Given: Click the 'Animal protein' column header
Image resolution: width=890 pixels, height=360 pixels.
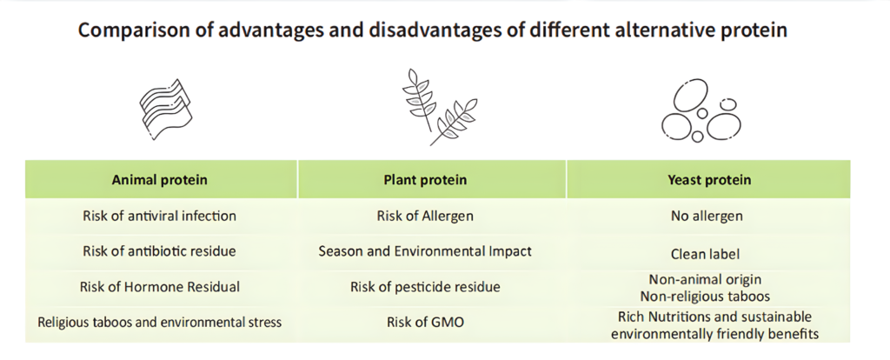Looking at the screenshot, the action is [160, 180].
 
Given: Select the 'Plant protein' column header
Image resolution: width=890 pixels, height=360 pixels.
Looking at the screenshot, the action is [425, 180].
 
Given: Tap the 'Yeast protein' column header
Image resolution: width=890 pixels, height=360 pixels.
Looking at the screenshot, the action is [709, 180].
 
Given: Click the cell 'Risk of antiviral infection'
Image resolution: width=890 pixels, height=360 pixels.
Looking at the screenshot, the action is [160, 216].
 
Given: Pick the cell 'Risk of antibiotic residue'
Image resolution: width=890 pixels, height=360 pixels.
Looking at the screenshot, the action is [160, 251].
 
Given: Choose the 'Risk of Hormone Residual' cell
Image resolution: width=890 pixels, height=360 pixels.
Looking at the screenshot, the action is [160, 287].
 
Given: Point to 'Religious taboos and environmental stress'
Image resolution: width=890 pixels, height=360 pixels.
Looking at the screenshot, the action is [160, 323].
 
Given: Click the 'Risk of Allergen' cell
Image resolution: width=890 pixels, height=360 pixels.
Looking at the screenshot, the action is [425, 216].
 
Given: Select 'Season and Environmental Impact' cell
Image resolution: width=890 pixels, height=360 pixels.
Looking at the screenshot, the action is [425, 251].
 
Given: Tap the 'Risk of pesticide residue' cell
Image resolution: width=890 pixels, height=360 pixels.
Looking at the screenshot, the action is [425, 287].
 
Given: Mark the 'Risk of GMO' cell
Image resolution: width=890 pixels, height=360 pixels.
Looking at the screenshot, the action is [425, 323].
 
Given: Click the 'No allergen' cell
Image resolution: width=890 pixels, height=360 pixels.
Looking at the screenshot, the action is [707, 216].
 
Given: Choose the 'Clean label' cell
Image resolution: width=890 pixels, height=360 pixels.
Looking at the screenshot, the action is [706, 254].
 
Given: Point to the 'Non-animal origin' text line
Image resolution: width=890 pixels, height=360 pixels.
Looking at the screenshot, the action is [705, 279].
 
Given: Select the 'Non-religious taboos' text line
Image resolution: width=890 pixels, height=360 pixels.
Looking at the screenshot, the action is [705, 297].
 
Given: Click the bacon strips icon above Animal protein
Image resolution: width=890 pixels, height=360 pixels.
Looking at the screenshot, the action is [166, 110].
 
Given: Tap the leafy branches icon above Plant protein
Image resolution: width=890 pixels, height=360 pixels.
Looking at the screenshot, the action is [439, 107].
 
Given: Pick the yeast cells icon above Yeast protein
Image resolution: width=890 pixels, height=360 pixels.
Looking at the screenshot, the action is [701, 110].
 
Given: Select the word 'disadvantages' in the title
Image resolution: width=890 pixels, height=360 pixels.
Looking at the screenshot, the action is [433, 30].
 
